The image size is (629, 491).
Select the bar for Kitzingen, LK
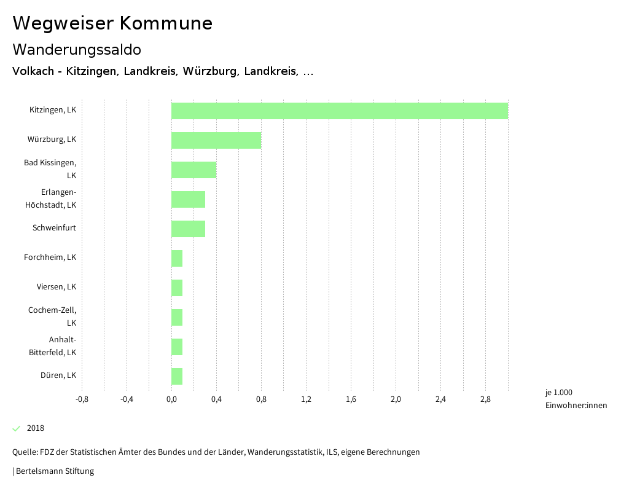340,111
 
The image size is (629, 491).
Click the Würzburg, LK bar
216,140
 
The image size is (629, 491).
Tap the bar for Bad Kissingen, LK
193,170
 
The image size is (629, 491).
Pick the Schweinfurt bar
188,229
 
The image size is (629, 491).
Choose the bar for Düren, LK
177,376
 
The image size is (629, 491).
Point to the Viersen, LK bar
177,288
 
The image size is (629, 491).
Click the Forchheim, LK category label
50,257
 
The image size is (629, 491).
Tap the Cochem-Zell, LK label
52,316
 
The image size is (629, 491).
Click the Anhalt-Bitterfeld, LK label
53,346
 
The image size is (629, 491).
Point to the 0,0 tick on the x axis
171,399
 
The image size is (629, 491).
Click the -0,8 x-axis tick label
82,399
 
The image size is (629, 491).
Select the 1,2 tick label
306,399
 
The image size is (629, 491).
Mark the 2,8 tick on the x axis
485,399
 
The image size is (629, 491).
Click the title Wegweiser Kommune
112,23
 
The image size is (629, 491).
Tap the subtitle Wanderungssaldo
77,49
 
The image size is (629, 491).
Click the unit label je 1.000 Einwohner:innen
576,399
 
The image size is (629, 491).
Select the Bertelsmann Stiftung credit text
55,471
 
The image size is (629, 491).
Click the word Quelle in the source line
23,452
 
